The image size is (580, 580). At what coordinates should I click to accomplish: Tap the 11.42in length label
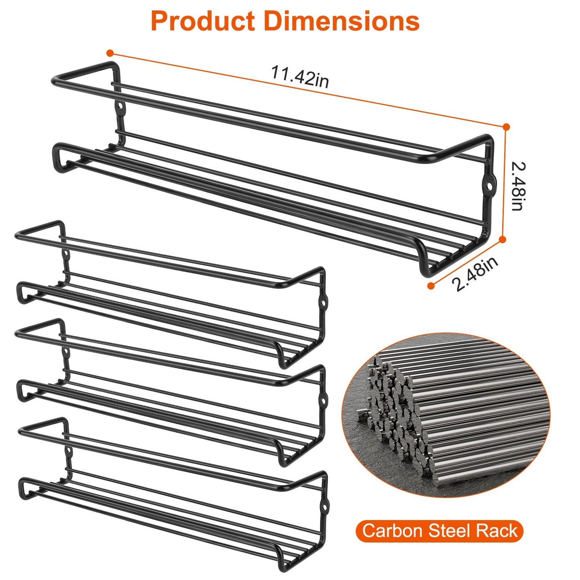click(x=300, y=77)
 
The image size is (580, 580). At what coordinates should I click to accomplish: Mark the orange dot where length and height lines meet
click(x=506, y=127)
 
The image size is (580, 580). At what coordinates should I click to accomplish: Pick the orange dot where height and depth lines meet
click(x=502, y=240)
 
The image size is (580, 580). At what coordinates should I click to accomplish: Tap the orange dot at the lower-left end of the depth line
click(x=431, y=285)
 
